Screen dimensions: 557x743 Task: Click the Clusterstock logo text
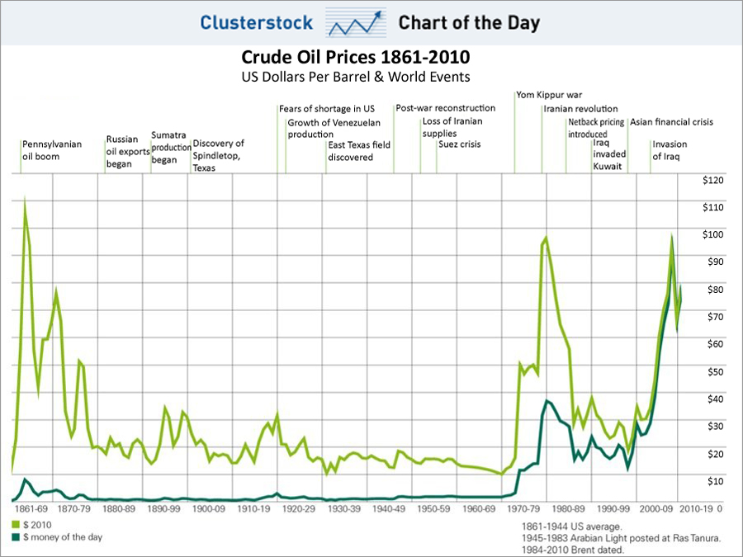(x=256, y=22)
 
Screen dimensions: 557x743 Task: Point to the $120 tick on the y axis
(x=712, y=180)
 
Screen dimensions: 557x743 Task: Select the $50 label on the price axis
(x=712, y=371)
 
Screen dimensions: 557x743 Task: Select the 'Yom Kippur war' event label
(x=548, y=95)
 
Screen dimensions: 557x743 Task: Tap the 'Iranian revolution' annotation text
(x=580, y=109)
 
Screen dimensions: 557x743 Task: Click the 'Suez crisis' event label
(x=460, y=144)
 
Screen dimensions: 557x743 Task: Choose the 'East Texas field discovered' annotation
(x=359, y=150)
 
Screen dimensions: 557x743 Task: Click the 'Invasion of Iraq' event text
(x=670, y=150)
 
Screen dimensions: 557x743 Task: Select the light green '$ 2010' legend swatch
(x=16, y=525)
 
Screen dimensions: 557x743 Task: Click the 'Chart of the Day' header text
(x=469, y=22)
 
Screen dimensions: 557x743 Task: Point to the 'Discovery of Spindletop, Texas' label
(x=219, y=155)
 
